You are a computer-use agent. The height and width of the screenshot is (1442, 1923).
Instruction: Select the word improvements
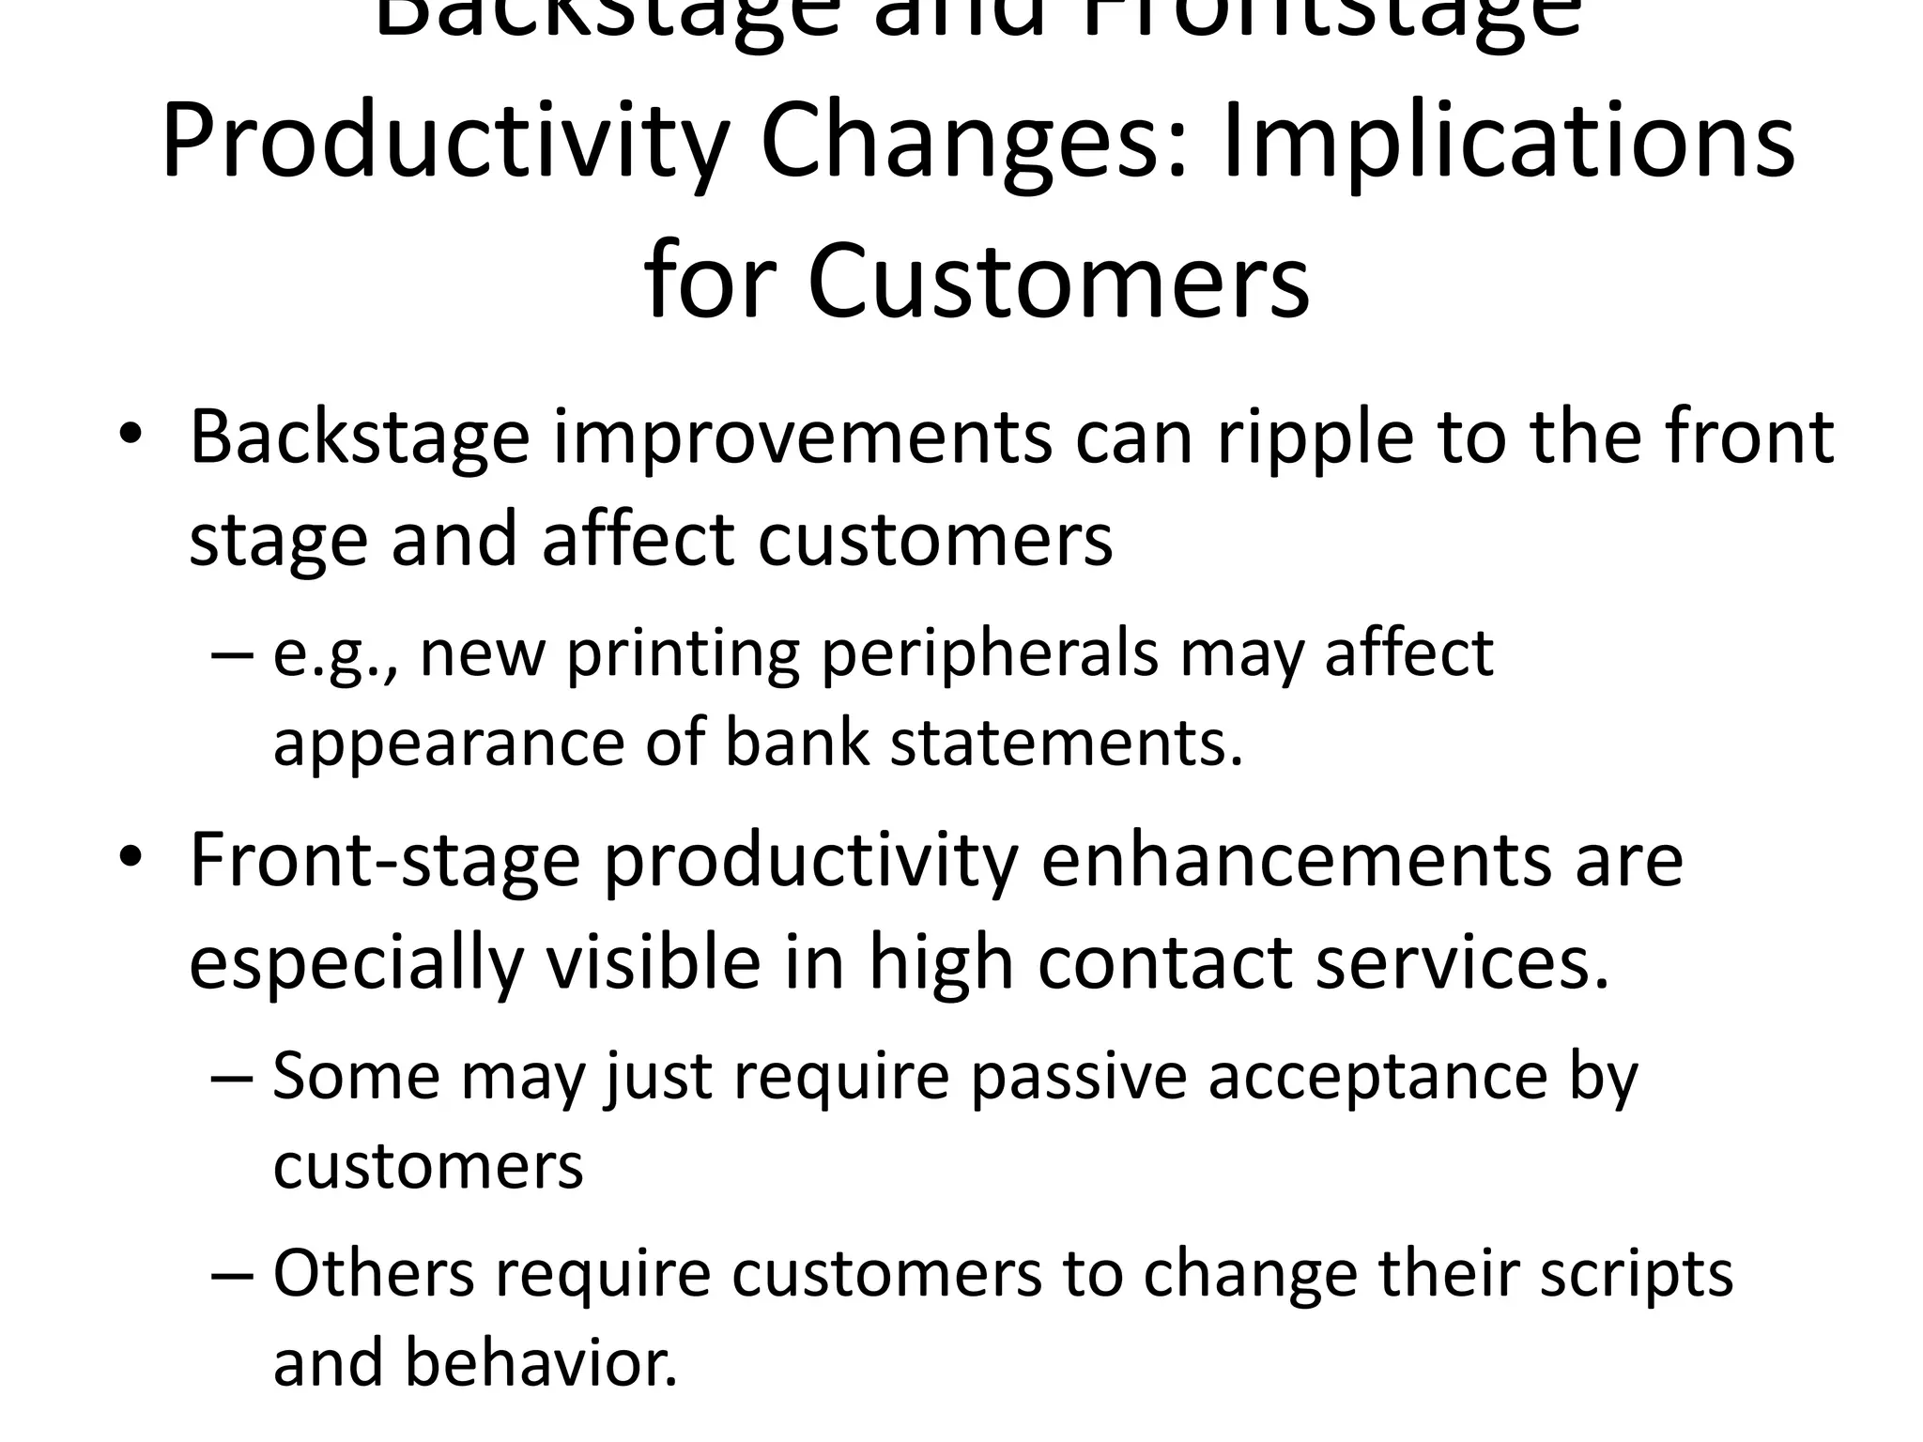802,437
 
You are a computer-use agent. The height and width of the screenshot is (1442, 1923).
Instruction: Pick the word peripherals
990,654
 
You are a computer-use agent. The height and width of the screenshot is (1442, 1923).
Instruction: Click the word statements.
1066,743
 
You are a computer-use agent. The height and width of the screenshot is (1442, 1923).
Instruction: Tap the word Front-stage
385,860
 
